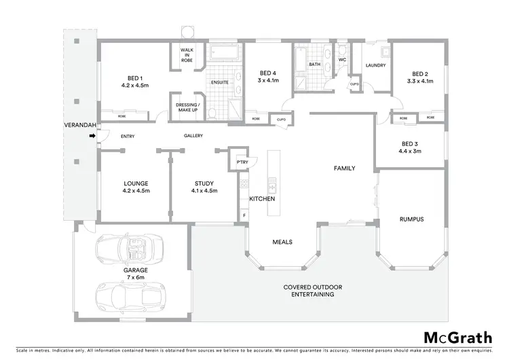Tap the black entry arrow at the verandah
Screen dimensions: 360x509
91,137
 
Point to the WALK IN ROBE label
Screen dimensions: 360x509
187,55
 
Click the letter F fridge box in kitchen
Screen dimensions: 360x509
243,215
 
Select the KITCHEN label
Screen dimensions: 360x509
261,199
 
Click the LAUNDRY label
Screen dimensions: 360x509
375,65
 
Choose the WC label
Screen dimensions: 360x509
342,60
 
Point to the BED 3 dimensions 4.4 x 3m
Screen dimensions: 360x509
411,151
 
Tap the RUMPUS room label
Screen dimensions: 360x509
411,219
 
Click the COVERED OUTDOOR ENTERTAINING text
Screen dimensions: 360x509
312,291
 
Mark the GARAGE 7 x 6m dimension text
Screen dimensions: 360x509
135,277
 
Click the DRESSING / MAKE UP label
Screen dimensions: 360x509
187,107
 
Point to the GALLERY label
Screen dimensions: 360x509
193,136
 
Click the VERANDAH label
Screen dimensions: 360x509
77,126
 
